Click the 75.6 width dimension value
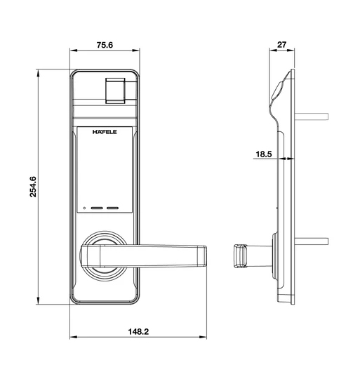coord(105,45)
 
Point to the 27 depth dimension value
coord(282,45)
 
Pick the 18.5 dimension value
coord(263,153)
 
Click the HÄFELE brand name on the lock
coord(105,131)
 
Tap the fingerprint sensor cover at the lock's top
coord(116,91)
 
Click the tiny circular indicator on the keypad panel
coord(84,208)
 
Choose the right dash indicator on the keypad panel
coord(114,208)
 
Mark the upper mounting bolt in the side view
coord(313,114)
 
